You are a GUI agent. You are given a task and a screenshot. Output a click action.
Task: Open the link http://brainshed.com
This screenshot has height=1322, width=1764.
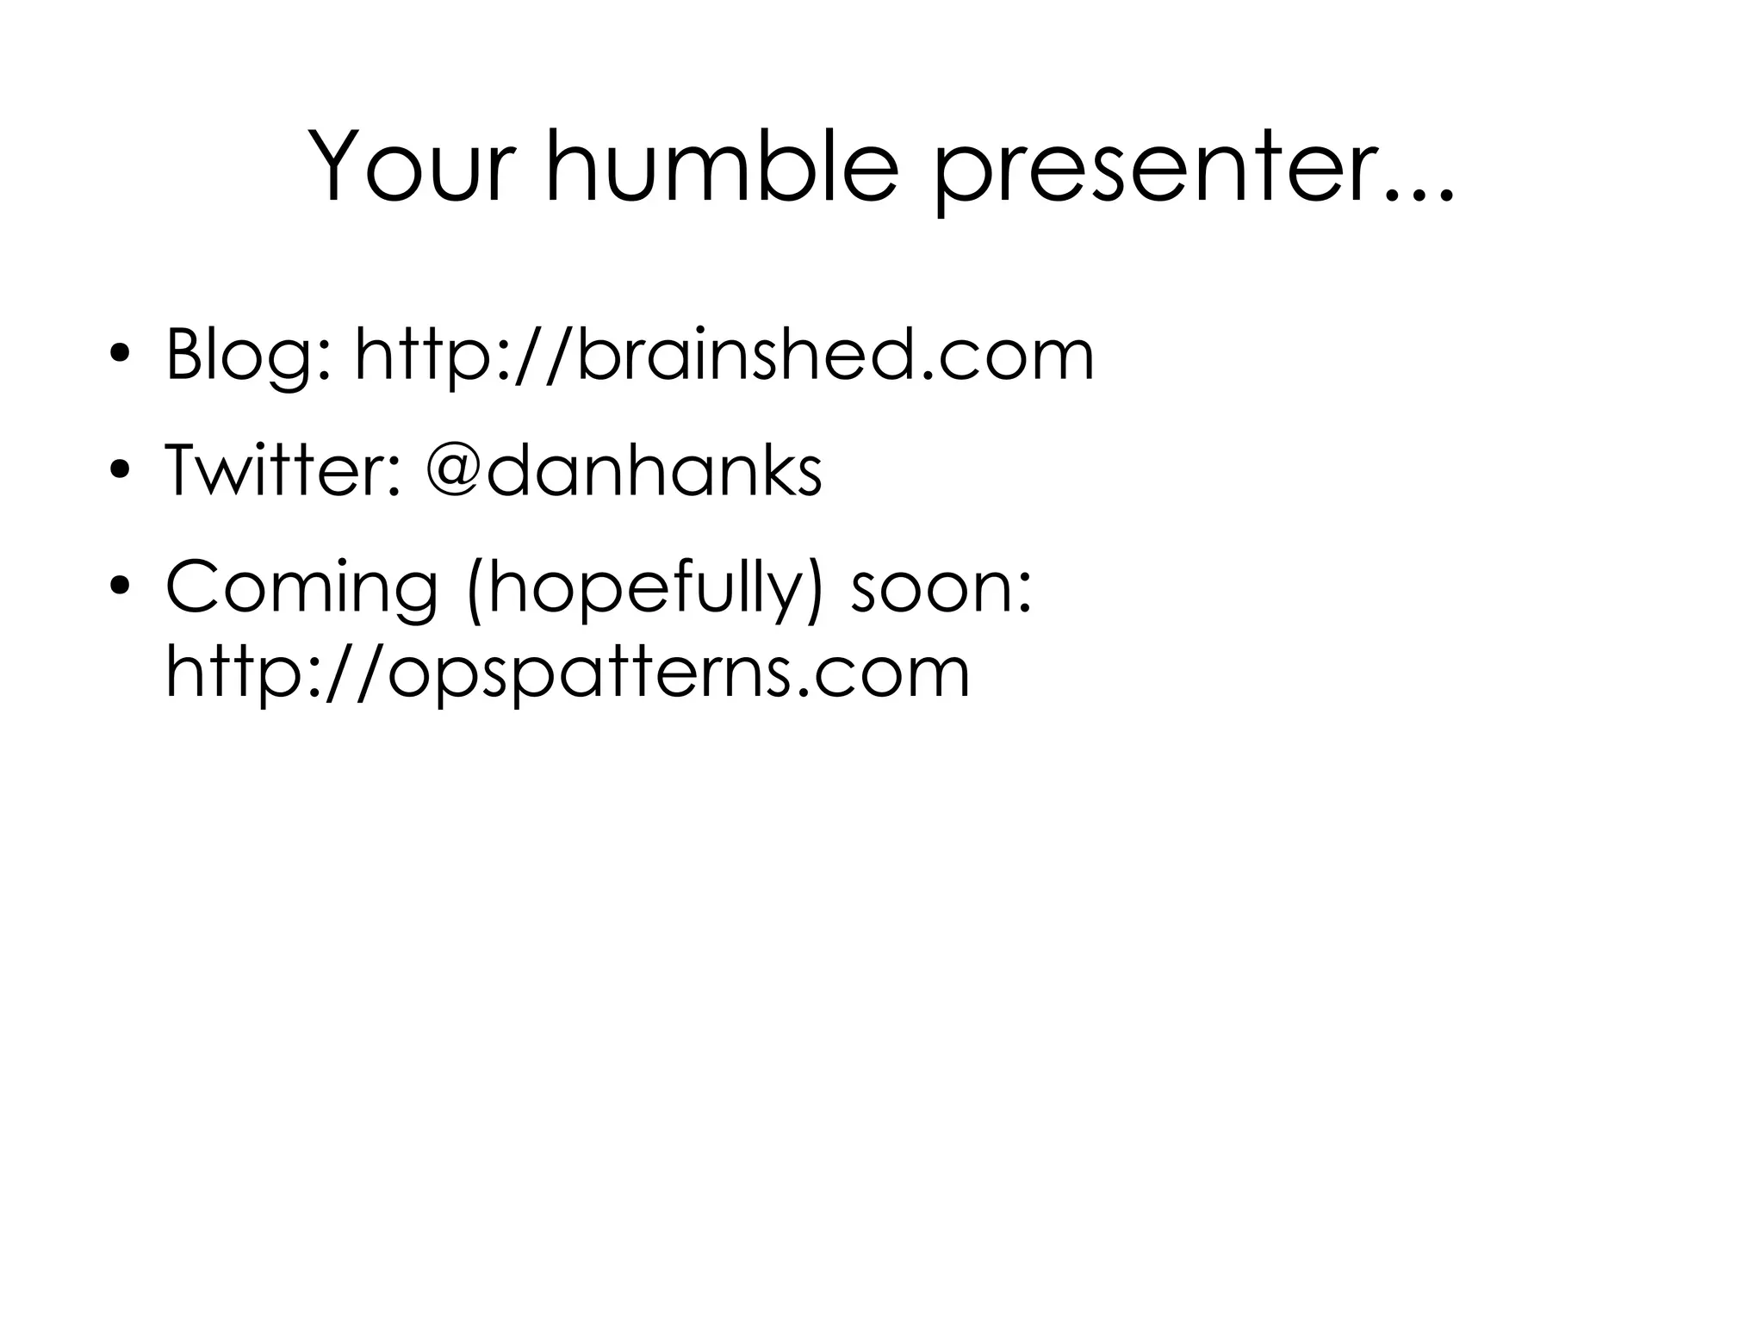[724, 354]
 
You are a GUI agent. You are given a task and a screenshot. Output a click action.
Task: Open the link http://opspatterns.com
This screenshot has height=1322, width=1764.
[568, 673]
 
